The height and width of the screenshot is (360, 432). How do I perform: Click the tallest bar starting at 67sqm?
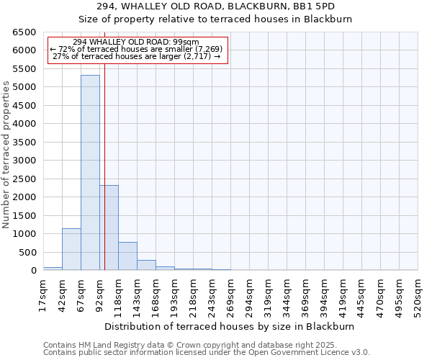click(90, 173)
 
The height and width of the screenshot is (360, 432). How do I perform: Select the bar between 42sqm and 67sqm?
click(71, 249)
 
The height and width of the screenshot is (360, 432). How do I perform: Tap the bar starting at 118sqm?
click(127, 256)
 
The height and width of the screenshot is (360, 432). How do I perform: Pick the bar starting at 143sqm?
click(146, 265)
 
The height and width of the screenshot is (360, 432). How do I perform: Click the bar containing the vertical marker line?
click(109, 228)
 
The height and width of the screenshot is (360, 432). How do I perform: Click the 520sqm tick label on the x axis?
click(418, 294)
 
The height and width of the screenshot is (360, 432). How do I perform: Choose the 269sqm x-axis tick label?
click(230, 294)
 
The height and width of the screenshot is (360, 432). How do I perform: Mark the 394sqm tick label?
click(324, 294)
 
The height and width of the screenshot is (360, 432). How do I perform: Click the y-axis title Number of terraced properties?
click(7, 155)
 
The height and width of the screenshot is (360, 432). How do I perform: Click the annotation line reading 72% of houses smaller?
click(136, 49)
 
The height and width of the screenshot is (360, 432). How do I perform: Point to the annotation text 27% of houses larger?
click(136, 56)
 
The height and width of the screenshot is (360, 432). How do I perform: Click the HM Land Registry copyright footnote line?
click(205, 345)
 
